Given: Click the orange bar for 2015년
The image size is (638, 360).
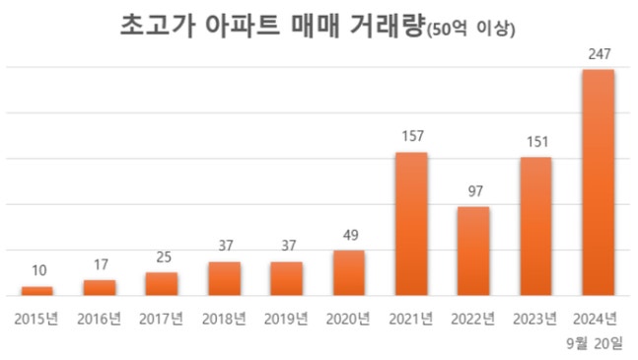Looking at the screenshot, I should coord(36,291).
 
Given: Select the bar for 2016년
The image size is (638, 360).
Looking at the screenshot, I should coord(99,287).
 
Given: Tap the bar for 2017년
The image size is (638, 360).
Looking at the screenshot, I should coord(161,283).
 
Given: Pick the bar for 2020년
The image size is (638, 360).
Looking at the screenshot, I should coord(348,272).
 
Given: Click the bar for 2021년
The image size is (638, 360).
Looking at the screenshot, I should coord(411,224).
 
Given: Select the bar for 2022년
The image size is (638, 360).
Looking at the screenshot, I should coord(473,251).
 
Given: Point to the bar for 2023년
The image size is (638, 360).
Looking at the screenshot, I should coord(535,226).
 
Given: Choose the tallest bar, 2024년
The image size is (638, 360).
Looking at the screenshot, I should coord(599,182).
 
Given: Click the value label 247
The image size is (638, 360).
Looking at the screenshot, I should coord(599,56).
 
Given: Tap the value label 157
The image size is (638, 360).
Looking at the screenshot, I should coord(411,139).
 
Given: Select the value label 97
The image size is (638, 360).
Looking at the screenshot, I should coord(473,193).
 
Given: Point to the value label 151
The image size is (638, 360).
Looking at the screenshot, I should coord(535,144).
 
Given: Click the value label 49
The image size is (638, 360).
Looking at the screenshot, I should coord(348,237).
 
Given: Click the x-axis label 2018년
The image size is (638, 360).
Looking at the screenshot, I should coord(224,318).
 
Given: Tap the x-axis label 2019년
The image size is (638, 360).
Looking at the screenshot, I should coord(286,318).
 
